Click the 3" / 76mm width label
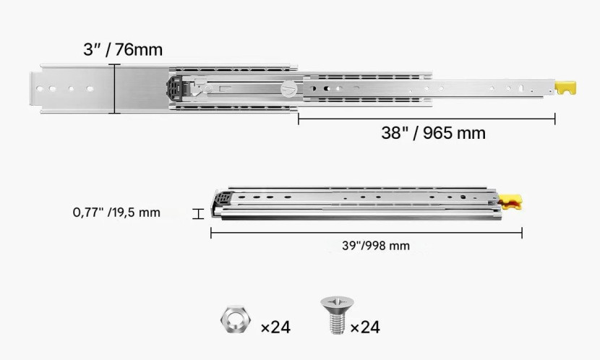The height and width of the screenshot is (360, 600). pyautogui.click(x=123, y=50)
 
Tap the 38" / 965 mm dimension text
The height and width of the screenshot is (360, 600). pyautogui.click(x=433, y=133)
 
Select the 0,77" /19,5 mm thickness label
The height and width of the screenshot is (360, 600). pyautogui.click(x=116, y=213)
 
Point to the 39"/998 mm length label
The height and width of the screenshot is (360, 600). pyautogui.click(x=376, y=246)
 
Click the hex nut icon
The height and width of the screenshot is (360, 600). pyautogui.click(x=236, y=319)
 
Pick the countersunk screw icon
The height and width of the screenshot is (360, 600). pyautogui.click(x=337, y=315)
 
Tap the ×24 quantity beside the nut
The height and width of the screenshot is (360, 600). pyautogui.click(x=275, y=327)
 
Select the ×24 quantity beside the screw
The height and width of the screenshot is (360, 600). pyautogui.click(x=365, y=327)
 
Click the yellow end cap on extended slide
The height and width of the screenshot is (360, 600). pyautogui.click(x=565, y=88)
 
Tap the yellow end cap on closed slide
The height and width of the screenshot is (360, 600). pyautogui.click(x=510, y=202)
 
